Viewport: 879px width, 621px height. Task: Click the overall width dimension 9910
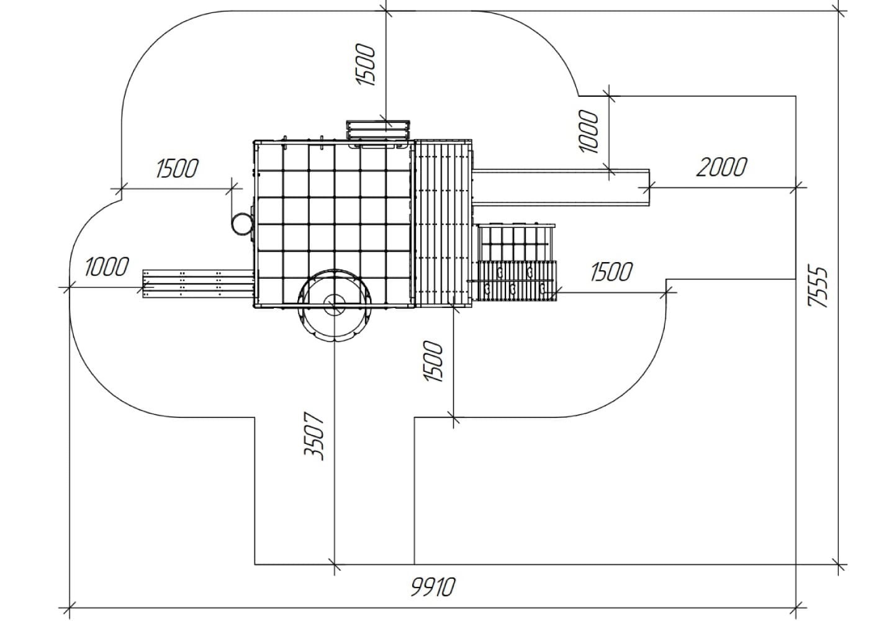433,587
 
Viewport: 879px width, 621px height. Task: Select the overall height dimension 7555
818,287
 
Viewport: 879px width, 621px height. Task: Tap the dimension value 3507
314,436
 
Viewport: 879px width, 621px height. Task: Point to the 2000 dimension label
721,167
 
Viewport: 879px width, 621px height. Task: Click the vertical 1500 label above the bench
366,65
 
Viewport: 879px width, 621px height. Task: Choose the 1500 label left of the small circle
177,168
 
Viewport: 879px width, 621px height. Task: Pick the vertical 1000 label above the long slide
588,131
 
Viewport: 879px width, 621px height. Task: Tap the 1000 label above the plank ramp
106,266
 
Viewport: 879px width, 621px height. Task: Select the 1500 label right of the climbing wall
611,271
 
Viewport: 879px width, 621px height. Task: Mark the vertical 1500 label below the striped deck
433,361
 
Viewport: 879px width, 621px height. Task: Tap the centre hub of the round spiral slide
335,305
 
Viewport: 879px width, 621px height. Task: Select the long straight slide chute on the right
561,188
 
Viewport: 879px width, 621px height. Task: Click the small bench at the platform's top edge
378,130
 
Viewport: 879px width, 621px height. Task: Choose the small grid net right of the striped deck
516,242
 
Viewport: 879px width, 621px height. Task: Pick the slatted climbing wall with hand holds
518,281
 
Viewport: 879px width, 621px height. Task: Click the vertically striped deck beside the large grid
443,224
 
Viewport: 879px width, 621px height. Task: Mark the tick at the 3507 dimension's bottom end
335,564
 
